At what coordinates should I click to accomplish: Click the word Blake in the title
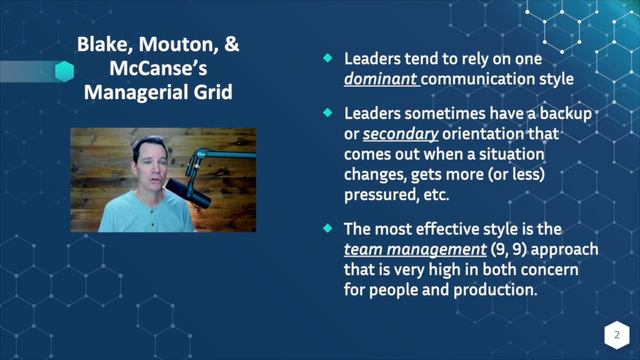point(102,46)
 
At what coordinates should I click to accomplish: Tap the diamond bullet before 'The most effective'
point(324,218)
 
